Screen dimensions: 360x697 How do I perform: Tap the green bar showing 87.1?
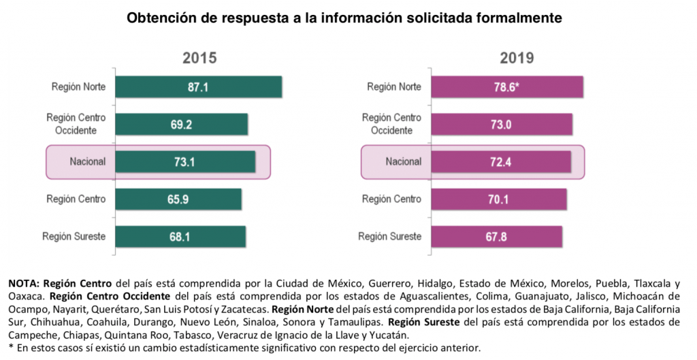point(198,87)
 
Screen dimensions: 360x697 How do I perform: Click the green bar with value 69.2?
point(181,125)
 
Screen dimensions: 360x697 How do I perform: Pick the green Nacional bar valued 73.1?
point(185,162)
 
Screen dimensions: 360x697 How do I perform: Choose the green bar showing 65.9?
point(178,199)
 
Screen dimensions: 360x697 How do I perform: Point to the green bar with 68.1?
point(180,236)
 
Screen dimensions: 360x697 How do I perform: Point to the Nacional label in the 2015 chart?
point(87,162)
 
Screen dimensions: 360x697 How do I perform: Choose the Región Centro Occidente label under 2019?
point(391,125)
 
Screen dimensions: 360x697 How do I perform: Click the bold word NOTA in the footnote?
point(25,283)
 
